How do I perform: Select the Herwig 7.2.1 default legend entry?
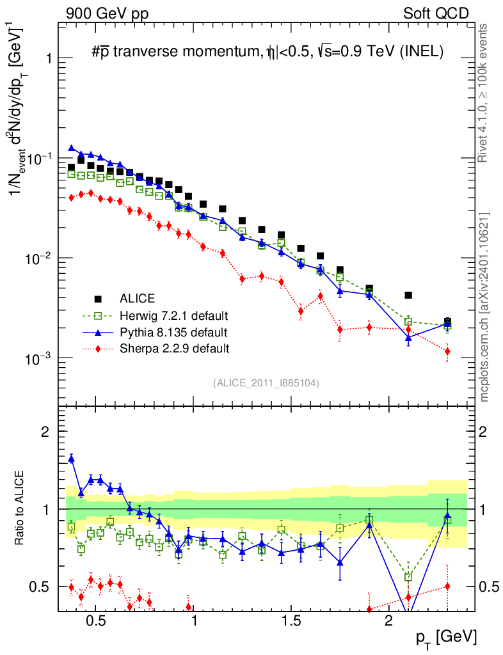[x=173, y=315]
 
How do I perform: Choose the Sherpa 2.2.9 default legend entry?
[x=174, y=349]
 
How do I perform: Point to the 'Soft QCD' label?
[x=436, y=13]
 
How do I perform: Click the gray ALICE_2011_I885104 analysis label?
[x=266, y=383]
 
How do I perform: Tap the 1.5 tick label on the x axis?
[x=291, y=622]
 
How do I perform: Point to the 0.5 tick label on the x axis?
[x=95, y=622]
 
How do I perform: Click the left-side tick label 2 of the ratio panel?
[x=45, y=432]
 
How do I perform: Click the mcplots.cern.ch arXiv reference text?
[x=484, y=307]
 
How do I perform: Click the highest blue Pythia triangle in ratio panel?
[x=72, y=458]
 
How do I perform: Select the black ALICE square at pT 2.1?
[x=408, y=296]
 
